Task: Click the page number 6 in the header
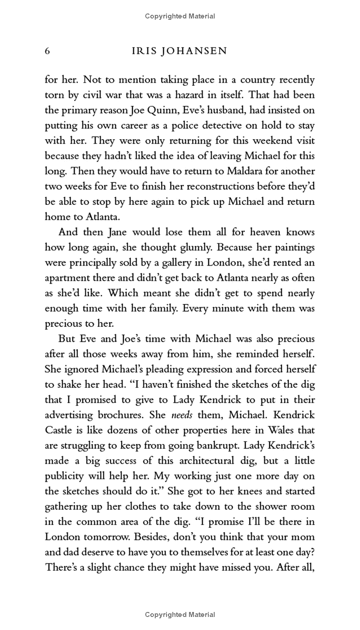coord(47,51)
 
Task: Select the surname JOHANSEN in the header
coord(198,51)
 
